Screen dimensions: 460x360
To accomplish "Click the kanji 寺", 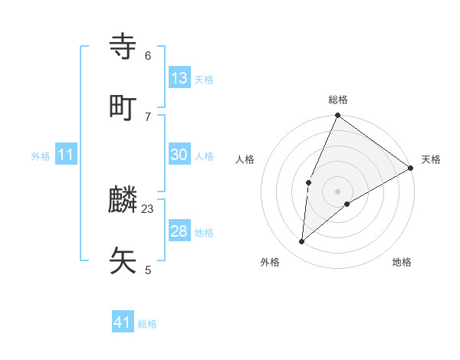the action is pos(123,47).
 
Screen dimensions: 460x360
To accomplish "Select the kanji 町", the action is pos(123,107).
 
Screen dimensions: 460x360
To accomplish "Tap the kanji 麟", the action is pos(123,200).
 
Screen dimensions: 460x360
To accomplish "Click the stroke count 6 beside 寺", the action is pos(147,55).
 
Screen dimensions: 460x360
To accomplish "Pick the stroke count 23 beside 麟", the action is pos(148,208).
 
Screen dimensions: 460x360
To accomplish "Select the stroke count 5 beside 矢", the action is pos(147,270).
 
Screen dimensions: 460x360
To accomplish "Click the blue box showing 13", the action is pos(179,78).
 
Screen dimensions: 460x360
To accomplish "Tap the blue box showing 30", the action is pos(179,155).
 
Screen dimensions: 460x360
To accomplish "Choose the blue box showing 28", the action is pos(179,231).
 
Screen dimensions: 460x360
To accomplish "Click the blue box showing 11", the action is pos(66,155).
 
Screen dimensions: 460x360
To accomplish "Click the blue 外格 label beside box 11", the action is pos(41,156).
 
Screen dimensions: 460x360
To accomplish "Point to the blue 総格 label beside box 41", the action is pos(147,324).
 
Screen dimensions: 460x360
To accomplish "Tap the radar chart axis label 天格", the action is pos(431,159).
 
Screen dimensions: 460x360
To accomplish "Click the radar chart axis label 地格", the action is pos(402,262).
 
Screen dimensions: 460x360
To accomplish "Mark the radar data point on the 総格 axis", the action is pos(337,116).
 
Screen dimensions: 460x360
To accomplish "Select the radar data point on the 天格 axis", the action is pos(411,168).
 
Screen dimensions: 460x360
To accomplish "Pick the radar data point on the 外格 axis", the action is pos(301,242).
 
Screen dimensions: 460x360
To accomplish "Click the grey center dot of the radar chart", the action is pos(337,191).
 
